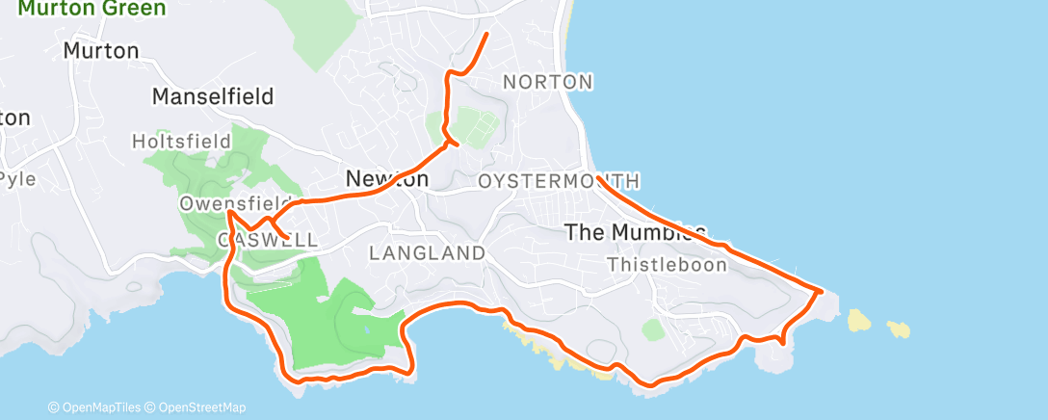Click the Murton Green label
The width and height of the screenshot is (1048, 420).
coord(92,9)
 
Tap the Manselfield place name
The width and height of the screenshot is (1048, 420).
coord(213,96)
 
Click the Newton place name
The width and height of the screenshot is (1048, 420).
coord(386,179)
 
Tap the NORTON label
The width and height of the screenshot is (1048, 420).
coord(548,82)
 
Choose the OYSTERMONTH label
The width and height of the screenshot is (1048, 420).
coord(560,181)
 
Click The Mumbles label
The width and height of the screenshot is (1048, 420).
coord(636,232)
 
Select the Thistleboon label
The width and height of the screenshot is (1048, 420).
coord(668,265)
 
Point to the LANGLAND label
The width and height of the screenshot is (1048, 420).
coord(427,253)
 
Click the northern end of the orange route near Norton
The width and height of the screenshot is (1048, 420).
coord(486,35)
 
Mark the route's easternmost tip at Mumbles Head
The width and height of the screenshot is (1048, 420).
coord(821,289)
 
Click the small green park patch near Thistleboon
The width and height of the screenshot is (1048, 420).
coord(654,330)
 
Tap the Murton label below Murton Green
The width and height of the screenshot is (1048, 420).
coord(101,50)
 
